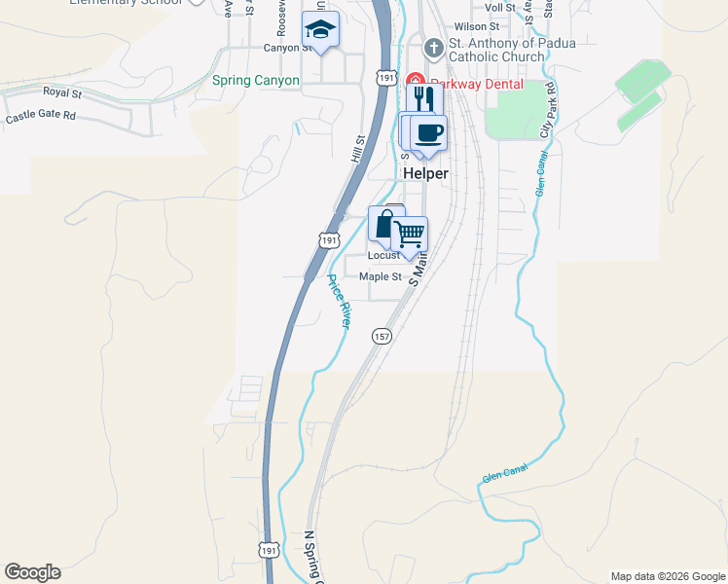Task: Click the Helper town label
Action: (x=425, y=173)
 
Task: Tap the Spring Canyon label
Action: (x=256, y=81)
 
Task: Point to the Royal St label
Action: (x=61, y=91)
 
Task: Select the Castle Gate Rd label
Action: (x=41, y=118)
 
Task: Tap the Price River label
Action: (x=340, y=301)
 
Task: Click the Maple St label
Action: (x=380, y=276)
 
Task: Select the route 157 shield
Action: (x=382, y=336)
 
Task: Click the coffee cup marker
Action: (x=428, y=131)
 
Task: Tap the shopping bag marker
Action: (x=385, y=224)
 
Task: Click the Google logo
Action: (x=32, y=572)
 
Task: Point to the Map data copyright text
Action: (x=668, y=576)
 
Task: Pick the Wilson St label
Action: (x=476, y=26)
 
